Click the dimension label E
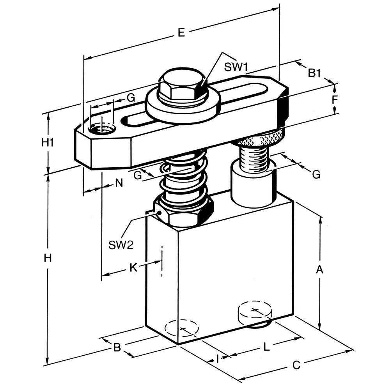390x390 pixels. (x=182, y=33)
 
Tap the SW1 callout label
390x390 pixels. (x=236, y=67)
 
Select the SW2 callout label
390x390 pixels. (x=121, y=245)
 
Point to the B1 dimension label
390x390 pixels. (x=315, y=73)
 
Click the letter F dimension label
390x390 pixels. (x=335, y=99)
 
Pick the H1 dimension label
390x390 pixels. (x=47, y=143)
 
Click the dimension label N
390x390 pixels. (x=119, y=183)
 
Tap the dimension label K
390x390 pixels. (x=133, y=268)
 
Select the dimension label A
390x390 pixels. (x=319, y=269)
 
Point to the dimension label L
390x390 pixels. (x=266, y=347)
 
